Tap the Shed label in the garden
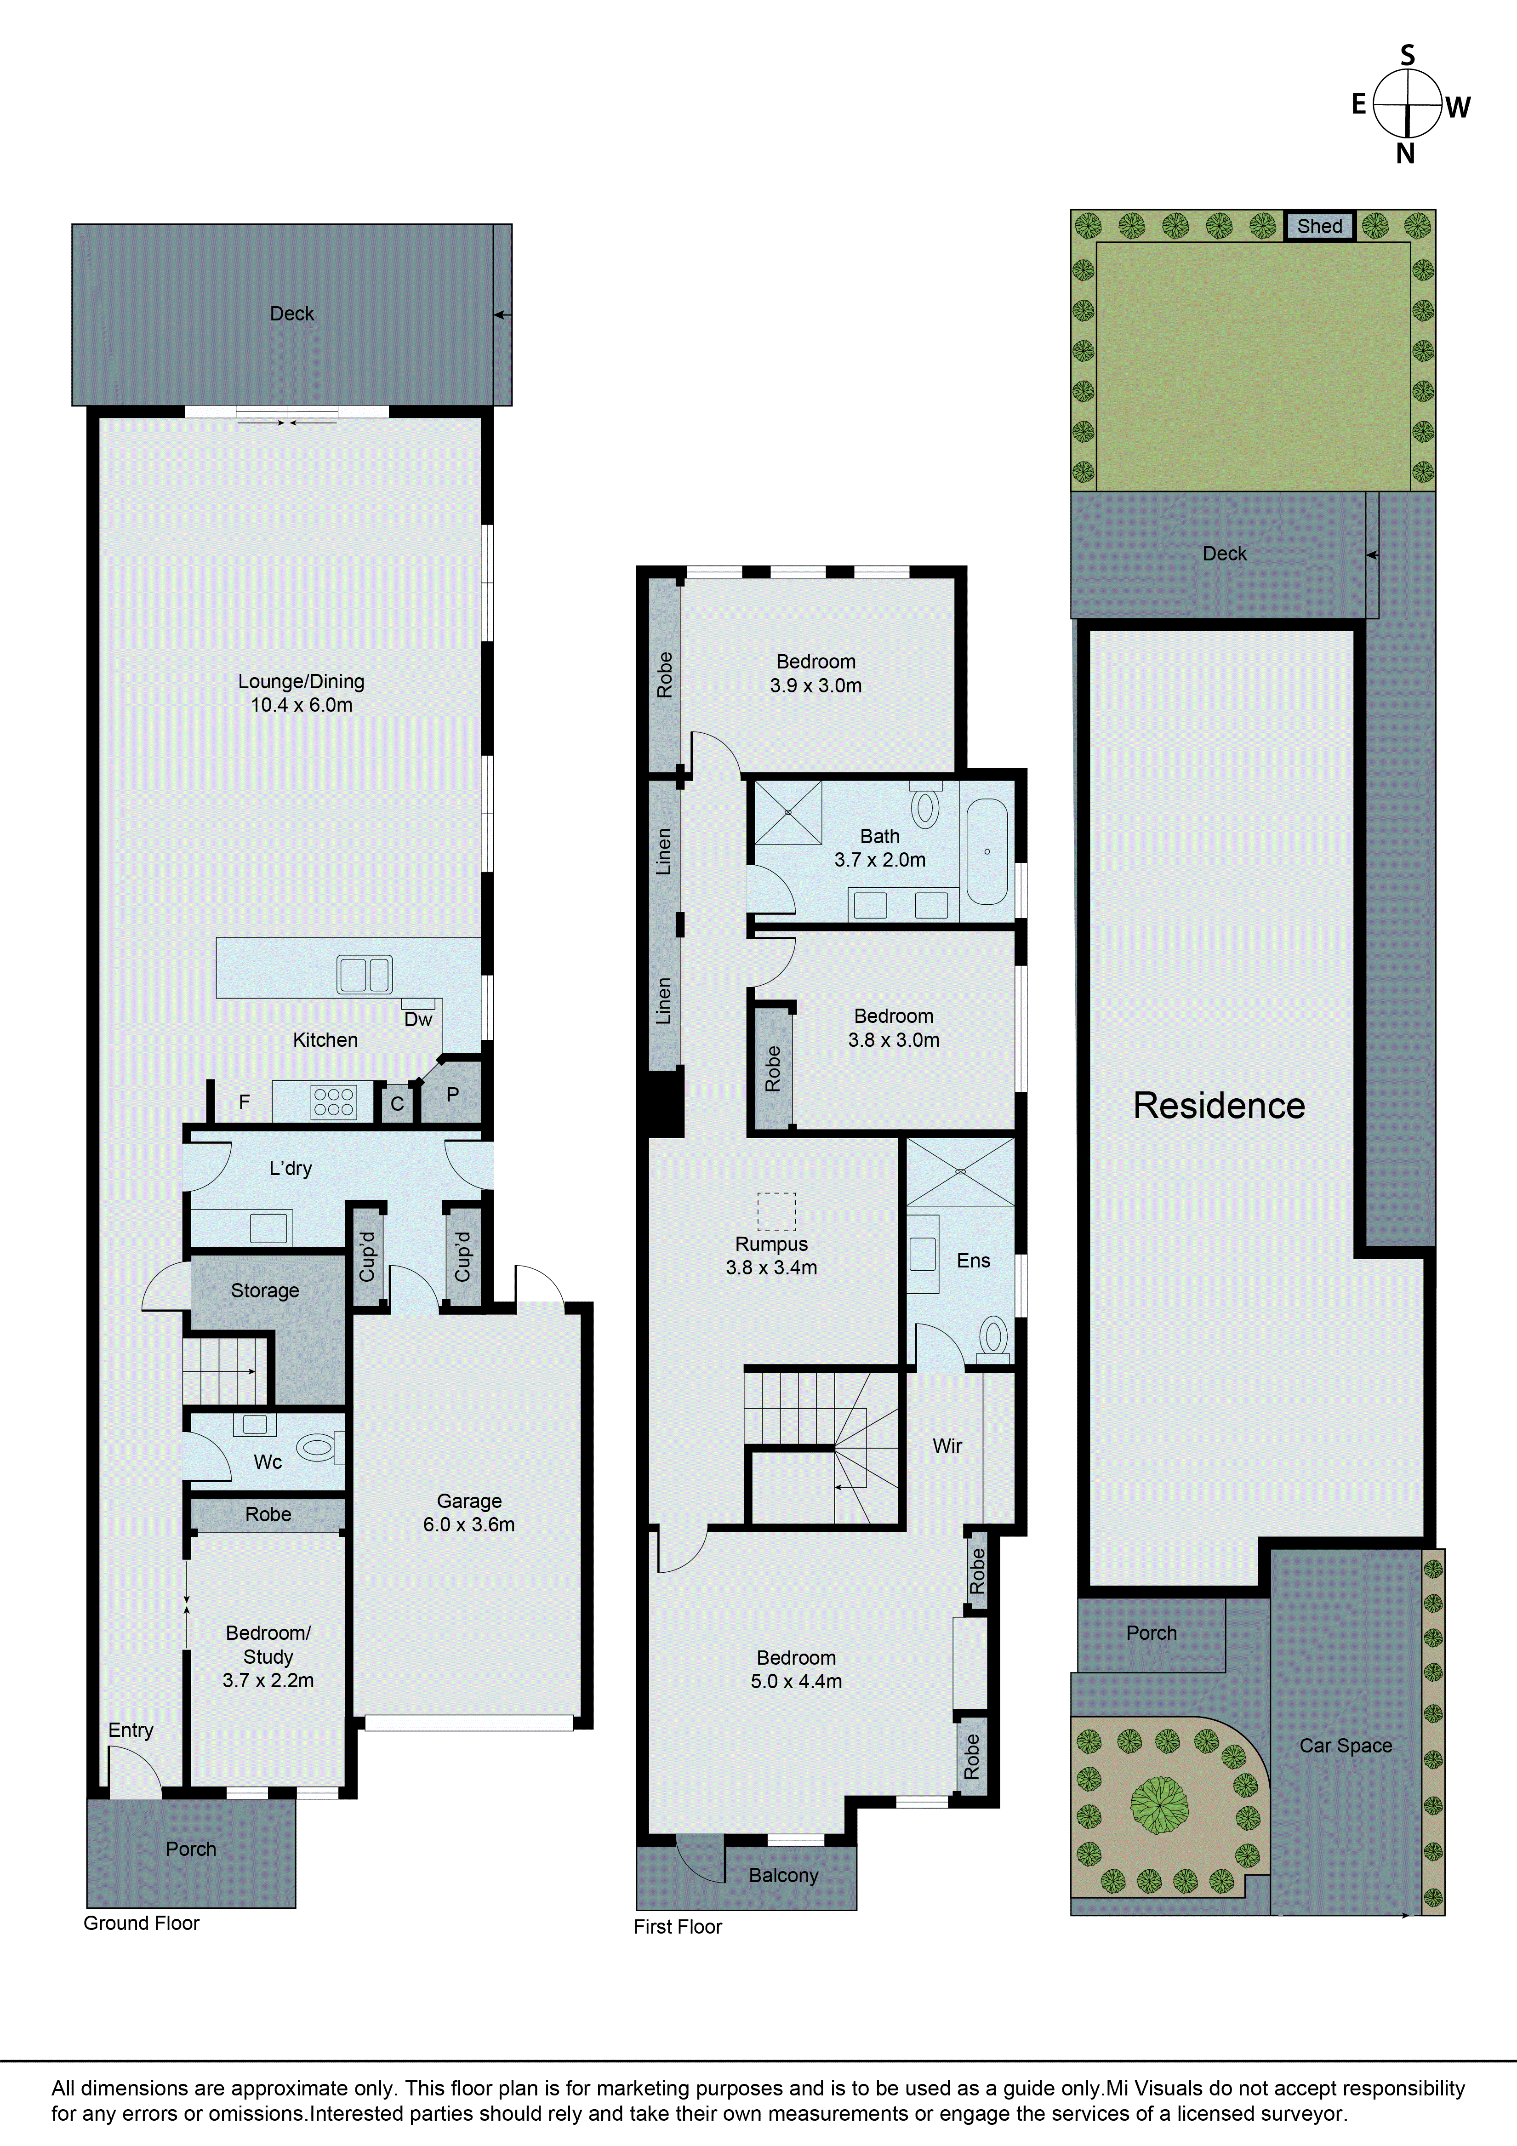(1319, 226)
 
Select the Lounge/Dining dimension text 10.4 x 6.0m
(301, 706)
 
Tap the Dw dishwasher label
(418, 1020)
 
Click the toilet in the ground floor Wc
(318, 1449)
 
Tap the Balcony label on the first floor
(783, 1876)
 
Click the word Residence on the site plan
(1219, 1106)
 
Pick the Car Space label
(1345, 1746)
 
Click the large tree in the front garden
(1159, 1805)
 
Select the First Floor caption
(678, 1927)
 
